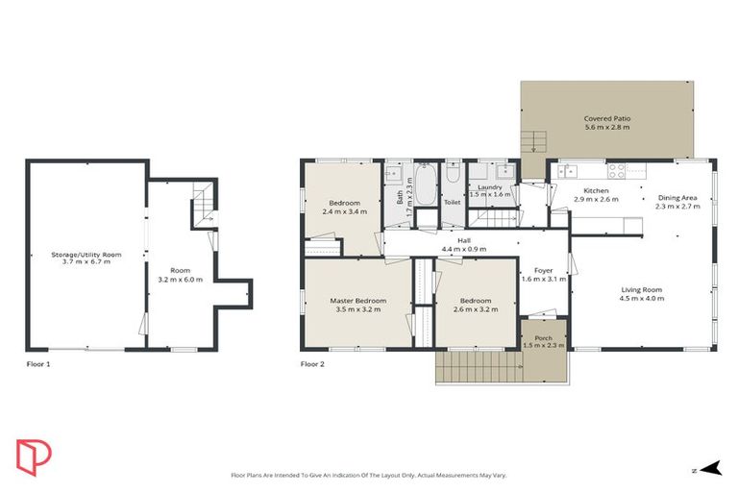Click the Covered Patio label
coord(606,119)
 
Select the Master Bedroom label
coord(357,301)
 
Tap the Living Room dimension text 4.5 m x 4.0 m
coord(641,298)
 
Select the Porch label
coord(544,337)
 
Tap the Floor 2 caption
coord(312,364)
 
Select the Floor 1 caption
coord(38,364)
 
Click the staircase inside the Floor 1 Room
coord(201,203)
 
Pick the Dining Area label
coord(676,198)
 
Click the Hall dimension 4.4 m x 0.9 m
coord(463,249)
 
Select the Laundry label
coord(489,186)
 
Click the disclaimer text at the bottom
coord(368,474)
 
